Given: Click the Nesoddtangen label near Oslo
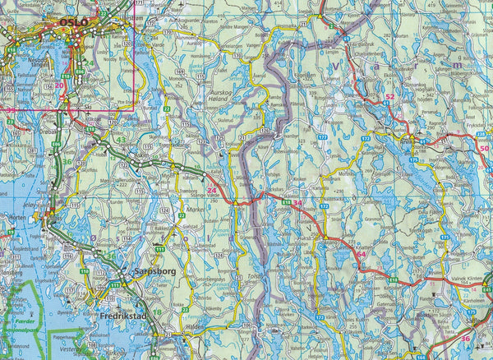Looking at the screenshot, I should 39,60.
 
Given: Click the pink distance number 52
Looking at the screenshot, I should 390,98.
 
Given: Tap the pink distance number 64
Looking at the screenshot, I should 361,255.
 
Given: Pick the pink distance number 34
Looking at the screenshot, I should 297,203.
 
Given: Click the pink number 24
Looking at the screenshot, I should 213,192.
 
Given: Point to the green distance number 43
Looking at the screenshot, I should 122,140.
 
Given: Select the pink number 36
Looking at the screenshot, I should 465,338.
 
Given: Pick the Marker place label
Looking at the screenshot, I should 196,210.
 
